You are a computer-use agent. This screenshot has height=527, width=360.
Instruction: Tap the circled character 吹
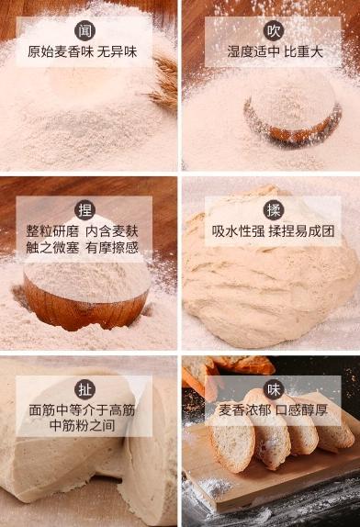pos(274,30)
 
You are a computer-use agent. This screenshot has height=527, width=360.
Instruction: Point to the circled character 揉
pos(274,207)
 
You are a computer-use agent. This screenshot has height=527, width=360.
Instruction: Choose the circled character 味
pos(274,387)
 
